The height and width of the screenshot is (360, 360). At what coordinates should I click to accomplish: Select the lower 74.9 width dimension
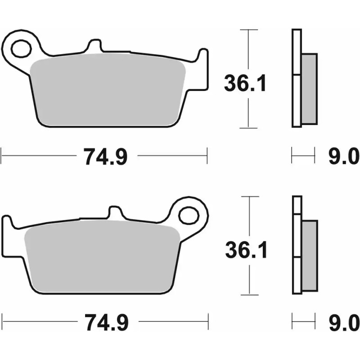pos(106,322)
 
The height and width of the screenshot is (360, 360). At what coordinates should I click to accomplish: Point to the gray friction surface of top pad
pos(108,90)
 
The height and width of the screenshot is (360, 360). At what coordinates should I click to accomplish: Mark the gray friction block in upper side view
pos(309,88)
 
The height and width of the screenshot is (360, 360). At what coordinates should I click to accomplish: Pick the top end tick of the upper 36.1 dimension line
pos(248,30)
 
